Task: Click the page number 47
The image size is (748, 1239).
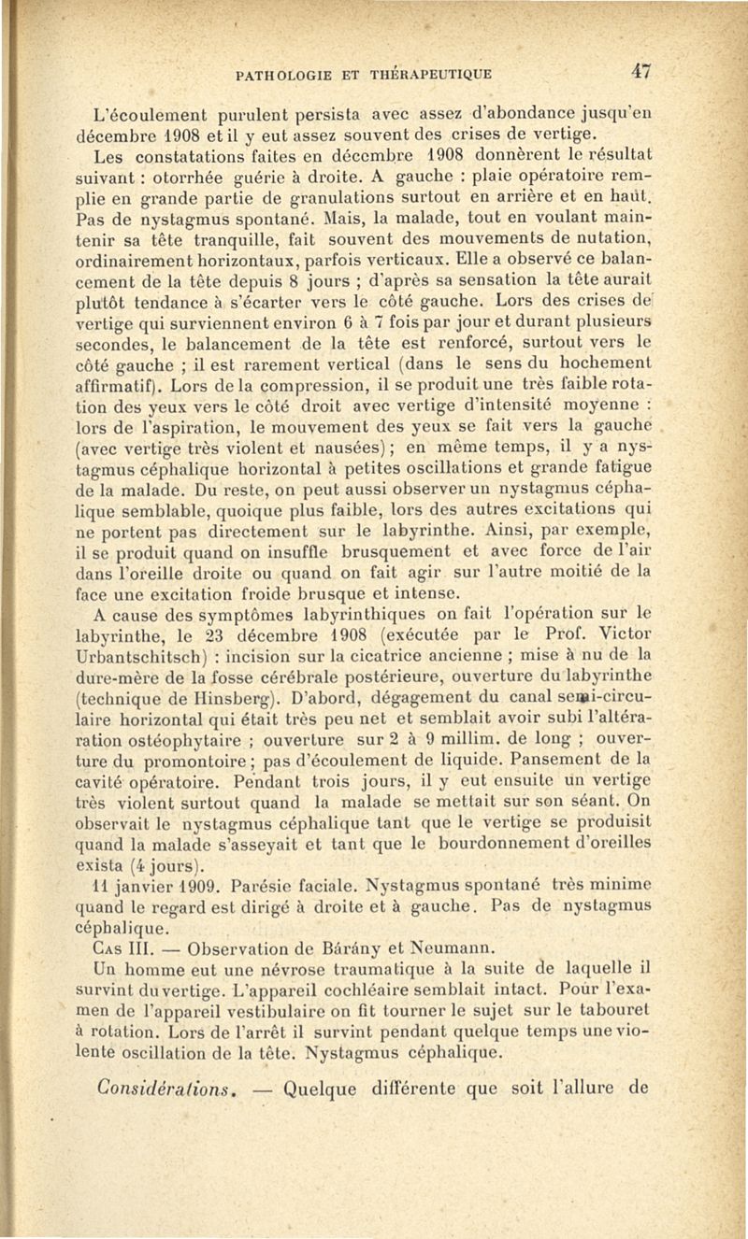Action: point(641,70)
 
